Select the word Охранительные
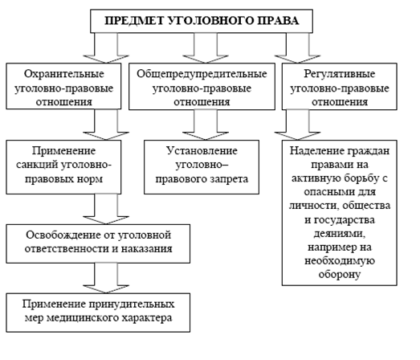(63, 74)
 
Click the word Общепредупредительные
(202, 74)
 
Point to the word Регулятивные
(340, 74)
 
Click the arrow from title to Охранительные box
(106, 47)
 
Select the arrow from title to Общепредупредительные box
(206, 47)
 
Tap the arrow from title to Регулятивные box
(297, 47)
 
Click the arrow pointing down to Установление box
(206, 125)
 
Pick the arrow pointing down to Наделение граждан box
(297, 125)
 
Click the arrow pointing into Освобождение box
(106, 209)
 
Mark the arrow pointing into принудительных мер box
(106, 278)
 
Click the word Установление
(202, 151)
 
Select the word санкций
(37, 165)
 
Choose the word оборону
(340, 274)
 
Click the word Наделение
(316, 151)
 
